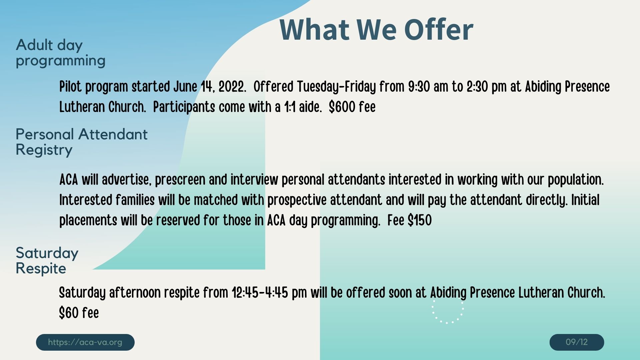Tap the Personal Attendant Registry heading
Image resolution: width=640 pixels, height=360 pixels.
click(x=81, y=142)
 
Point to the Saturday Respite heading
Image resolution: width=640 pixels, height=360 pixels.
click(x=47, y=261)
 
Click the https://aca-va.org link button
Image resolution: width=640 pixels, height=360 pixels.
click(x=85, y=342)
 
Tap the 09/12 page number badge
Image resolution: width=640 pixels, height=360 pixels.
click(x=577, y=342)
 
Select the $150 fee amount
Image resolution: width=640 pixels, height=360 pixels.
click(x=420, y=220)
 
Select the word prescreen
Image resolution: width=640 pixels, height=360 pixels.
click(x=180, y=180)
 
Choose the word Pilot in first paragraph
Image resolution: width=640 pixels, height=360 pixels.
click(x=71, y=87)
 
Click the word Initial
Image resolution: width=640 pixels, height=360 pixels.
click(x=585, y=200)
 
